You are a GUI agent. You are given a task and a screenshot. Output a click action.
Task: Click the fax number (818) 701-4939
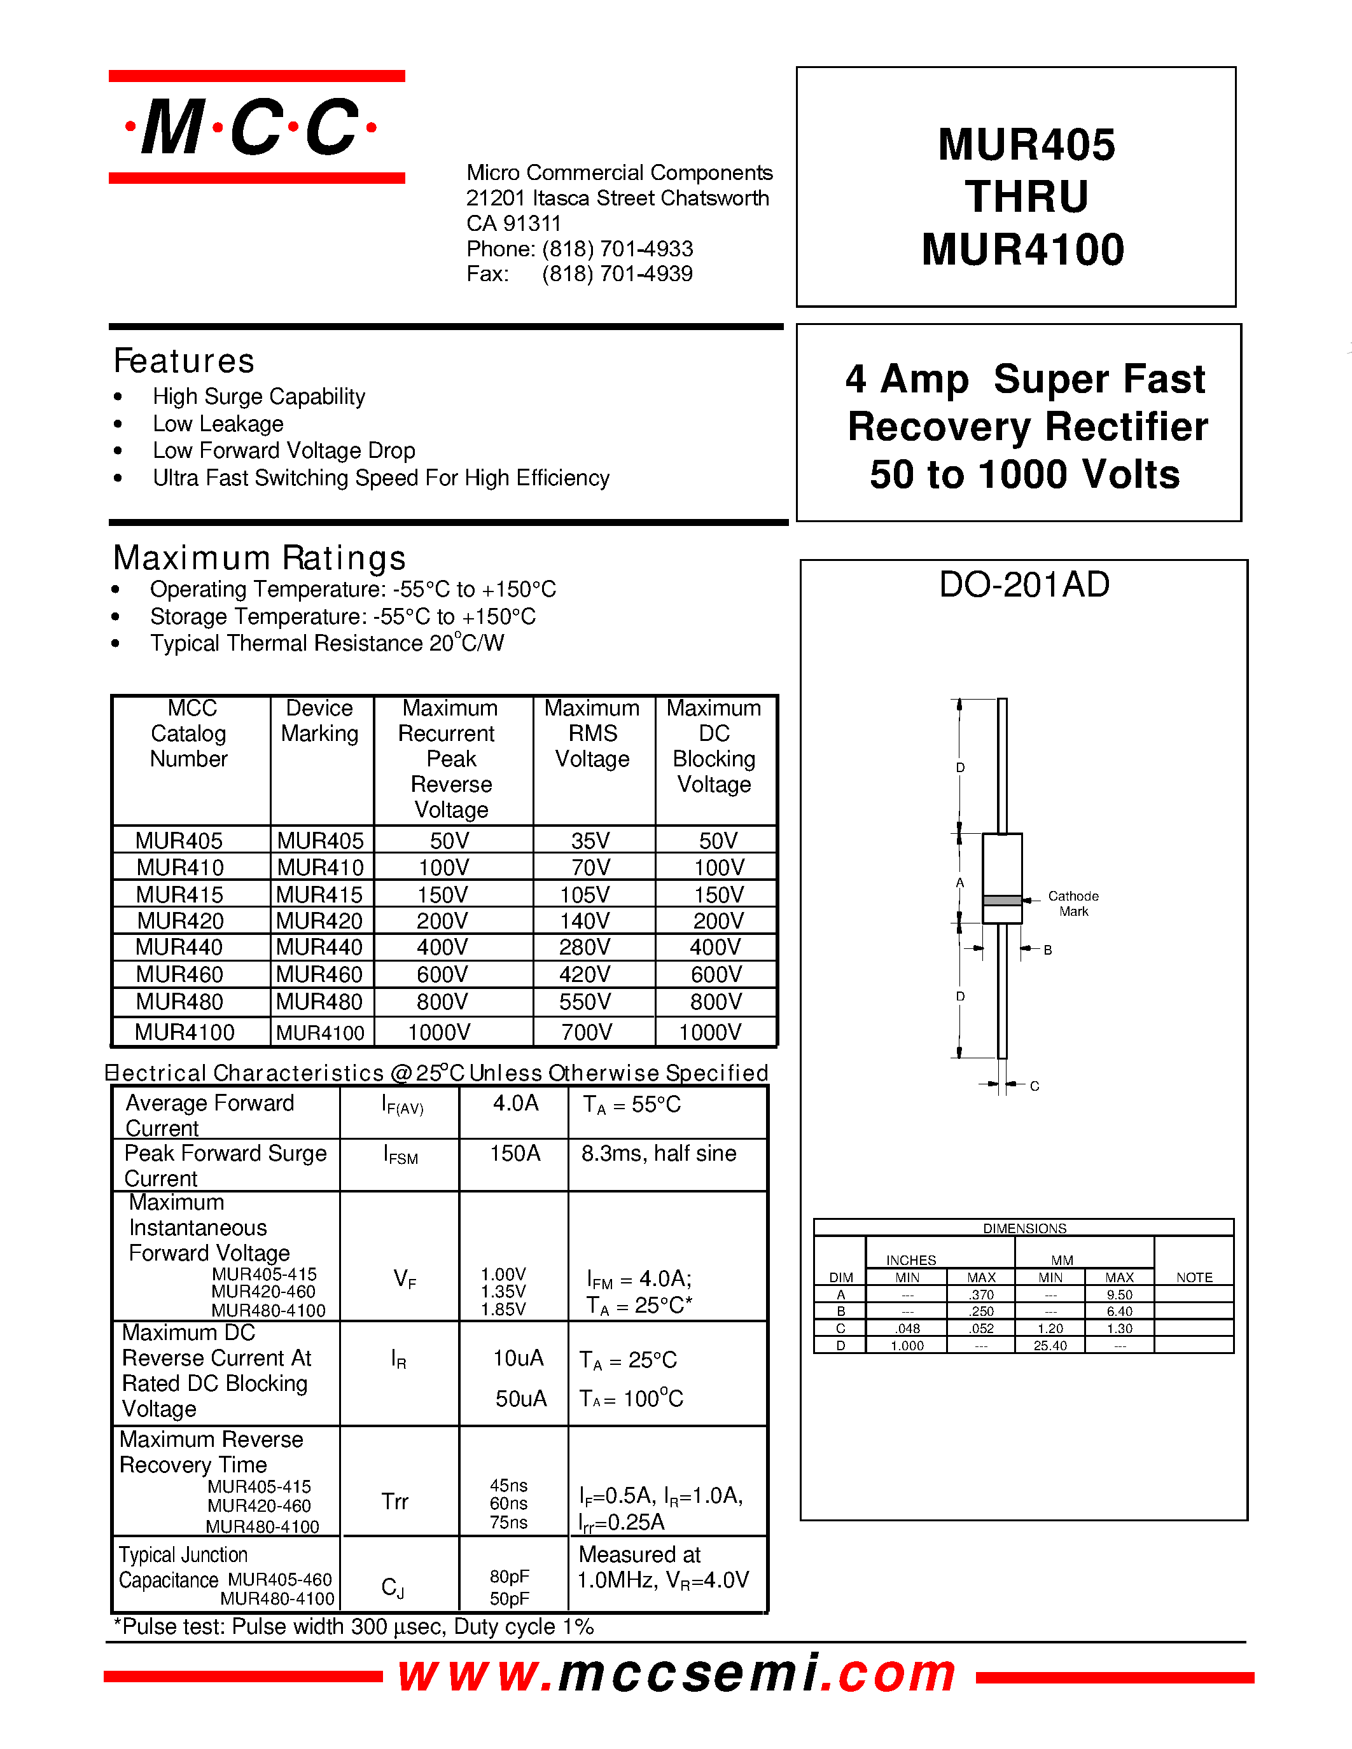pos(617,274)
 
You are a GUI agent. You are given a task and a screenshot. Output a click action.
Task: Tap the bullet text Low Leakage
pos(218,424)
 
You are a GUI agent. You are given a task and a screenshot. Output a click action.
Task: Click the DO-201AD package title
pos(1024,584)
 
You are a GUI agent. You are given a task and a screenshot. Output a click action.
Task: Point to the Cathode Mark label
pos(1073,903)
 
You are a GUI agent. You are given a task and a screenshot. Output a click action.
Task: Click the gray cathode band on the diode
pos(1002,900)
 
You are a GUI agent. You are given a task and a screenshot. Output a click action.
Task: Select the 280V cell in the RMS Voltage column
pos(585,948)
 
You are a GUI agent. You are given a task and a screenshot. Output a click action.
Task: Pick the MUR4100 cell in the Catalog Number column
pos(185,1032)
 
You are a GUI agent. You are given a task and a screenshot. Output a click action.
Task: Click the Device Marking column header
pos(319,721)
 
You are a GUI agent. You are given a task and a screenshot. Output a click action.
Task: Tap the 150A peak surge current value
pos(515,1153)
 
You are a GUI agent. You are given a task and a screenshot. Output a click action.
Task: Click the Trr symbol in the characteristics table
pos(395,1502)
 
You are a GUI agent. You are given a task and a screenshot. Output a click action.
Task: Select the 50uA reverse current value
pos(520,1398)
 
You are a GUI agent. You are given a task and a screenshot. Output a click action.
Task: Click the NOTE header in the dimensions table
pos(1194,1277)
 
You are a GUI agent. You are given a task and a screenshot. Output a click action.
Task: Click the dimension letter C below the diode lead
pos(1034,1086)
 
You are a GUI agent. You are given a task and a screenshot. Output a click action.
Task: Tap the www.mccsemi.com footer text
pos(678,1674)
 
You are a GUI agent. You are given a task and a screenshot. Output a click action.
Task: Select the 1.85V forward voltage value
pos(503,1310)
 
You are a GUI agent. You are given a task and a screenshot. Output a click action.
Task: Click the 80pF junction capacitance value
pos(510,1576)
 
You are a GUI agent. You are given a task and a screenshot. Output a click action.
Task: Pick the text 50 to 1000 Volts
pos(1024,474)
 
